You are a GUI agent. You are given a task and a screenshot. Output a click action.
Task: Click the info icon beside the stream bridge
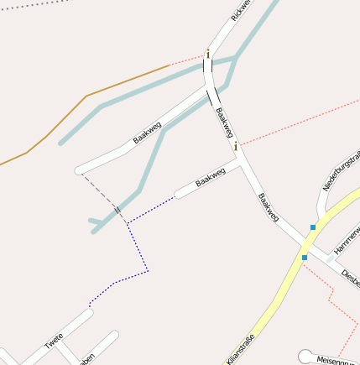pyautogui.click(x=208, y=55)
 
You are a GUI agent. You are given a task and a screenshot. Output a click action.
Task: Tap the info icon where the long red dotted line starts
pyautogui.click(x=236, y=146)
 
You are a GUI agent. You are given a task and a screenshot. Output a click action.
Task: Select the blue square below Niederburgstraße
pyautogui.click(x=312, y=227)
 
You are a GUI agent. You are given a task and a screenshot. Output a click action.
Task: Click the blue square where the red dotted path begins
pyautogui.click(x=305, y=257)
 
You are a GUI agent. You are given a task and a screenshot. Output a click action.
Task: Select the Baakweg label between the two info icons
pyautogui.click(x=223, y=122)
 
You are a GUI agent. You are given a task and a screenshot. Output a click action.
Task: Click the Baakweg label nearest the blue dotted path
pyautogui.click(x=210, y=177)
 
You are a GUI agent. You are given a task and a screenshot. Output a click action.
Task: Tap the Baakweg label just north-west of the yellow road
pyautogui.click(x=269, y=207)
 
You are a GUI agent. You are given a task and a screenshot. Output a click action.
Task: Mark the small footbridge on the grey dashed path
pyautogui.click(x=117, y=209)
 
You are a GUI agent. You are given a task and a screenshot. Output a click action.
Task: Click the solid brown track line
pyautogui.click(x=84, y=98)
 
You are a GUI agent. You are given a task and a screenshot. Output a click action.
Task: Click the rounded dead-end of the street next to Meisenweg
pyautogui.click(x=304, y=356)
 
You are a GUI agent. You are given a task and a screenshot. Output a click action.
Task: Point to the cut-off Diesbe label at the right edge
pyautogui.click(x=351, y=279)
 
